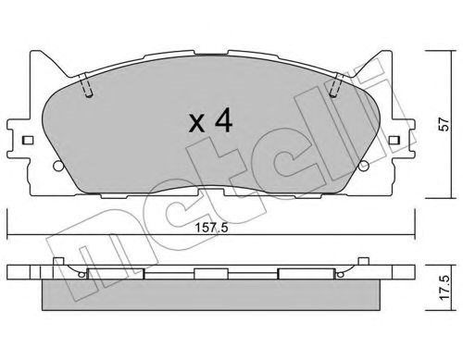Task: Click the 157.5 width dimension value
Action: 211,228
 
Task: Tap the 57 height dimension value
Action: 444,124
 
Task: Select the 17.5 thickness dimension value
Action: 444,288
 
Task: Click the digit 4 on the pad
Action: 224,121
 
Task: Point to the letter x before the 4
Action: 197,123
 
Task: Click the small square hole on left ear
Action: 28,141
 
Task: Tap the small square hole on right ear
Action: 394,141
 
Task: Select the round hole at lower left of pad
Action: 57,166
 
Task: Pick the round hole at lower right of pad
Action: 364,166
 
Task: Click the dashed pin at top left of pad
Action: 86,85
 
